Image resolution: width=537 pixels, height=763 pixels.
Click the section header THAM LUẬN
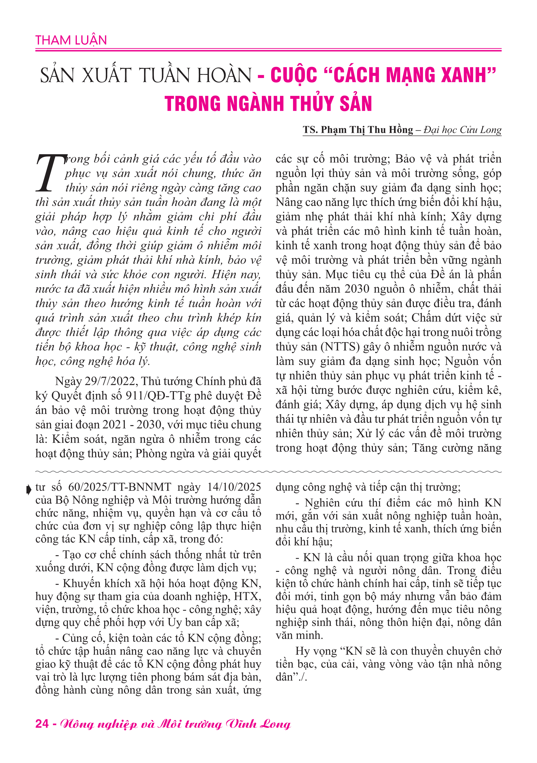point(71,40)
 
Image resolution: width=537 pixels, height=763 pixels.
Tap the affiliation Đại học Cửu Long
point(462,130)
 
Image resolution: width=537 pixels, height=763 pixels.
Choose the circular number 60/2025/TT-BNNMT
point(120,487)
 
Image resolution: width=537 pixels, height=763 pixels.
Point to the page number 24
point(42,724)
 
